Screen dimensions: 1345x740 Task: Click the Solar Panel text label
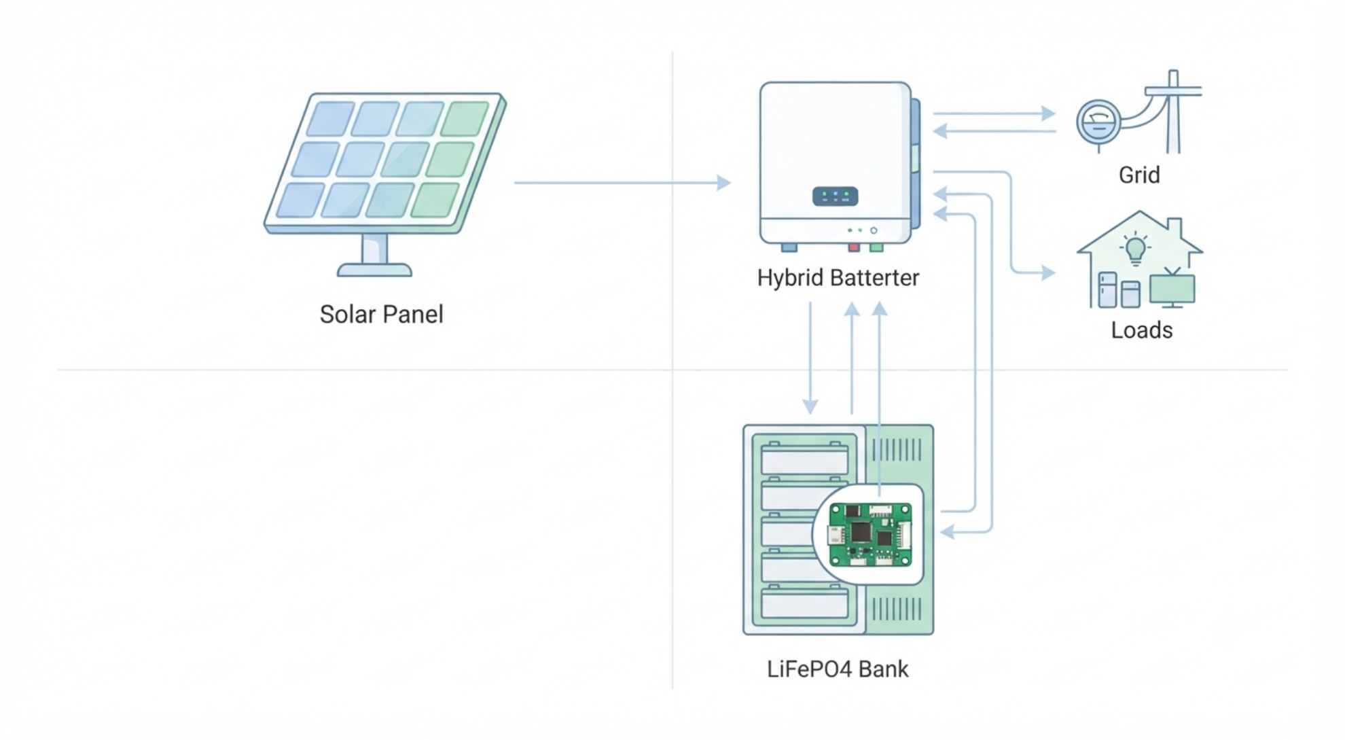(x=381, y=315)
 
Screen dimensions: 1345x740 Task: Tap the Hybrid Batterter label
(x=838, y=278)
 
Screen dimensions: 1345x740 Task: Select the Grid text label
(x=1139, y=175)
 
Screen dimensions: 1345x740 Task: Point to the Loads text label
(x=1141, y=330)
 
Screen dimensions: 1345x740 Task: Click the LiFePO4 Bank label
(x=837, y=669)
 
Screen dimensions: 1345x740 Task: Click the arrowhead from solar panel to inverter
(x=724, y=182)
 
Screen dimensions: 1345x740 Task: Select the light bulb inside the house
(x=1135, y=249)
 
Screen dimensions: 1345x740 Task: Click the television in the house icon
(x=1172, y=288)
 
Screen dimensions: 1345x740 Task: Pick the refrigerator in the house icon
(x=1108, y=289)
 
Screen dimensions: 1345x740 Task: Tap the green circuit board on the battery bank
(x=870, y=534)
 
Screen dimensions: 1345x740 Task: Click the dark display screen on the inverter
(x=835, y=196)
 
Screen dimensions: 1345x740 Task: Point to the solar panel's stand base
(x=374, y=270)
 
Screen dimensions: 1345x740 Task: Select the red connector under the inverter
(x=854, y=247)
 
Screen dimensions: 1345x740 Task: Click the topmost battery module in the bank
(x=804, y=459)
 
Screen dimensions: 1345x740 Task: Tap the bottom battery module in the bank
(x=804, y=603)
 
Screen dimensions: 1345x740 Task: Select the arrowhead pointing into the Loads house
(x=1048, y=272)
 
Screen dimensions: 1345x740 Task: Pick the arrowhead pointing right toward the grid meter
(x=1048, y=113)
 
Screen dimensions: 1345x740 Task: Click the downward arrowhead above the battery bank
(x=810, y=406)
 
